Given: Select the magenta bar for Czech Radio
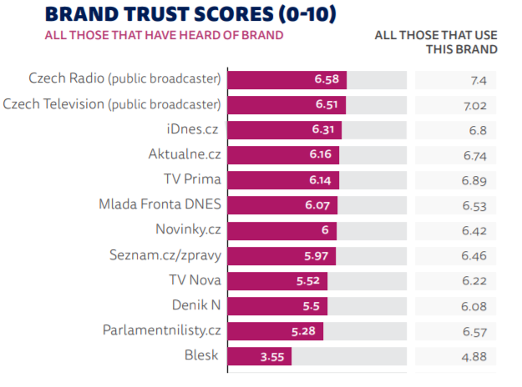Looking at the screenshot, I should (x=286, y=80).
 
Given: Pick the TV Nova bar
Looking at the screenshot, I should (x=277, y=281).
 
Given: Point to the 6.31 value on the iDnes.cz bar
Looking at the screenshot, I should (x=325, y=130).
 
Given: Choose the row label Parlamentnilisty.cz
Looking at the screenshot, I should (x=161, y=331).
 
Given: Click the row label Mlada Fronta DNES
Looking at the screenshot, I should (x=159, y=205).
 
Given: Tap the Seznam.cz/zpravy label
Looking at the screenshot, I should (x=165, y=255).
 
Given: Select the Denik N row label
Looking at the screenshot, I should (x=195, y=306).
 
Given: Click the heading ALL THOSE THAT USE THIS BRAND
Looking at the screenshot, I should (x=436, y=42).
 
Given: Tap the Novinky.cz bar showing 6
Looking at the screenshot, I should (x=281, y=230).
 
